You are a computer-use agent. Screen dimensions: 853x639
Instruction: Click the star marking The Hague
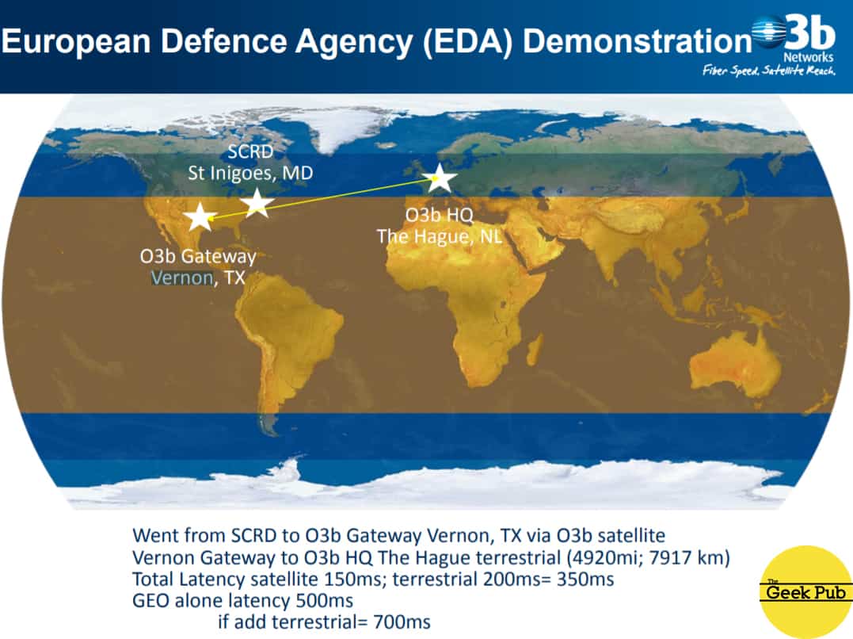tap(439, 178)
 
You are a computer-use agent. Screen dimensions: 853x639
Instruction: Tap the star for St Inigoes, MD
tap(257, 203)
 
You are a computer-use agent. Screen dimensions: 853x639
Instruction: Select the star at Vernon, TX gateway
tap(200, 216)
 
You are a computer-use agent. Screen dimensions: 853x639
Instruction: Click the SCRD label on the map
tap(250, 151)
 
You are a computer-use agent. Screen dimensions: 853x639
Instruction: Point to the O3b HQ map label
tap(439, 215)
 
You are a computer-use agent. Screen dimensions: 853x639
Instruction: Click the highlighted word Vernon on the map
tap(182, 277)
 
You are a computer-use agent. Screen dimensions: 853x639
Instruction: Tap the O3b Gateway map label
tap(198, 257)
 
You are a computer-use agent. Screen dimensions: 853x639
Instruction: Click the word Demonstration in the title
tap(637, 41)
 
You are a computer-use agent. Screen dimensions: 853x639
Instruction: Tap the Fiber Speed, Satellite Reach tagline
tap(769, 71)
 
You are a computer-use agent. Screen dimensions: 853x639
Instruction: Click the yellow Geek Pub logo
tap(805, 591)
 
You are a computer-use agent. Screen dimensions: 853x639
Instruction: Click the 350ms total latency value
tap(585, 579)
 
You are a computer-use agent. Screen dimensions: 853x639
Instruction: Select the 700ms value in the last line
tap(402, 622)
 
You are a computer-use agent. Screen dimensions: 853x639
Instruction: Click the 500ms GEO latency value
tap(324, 601)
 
